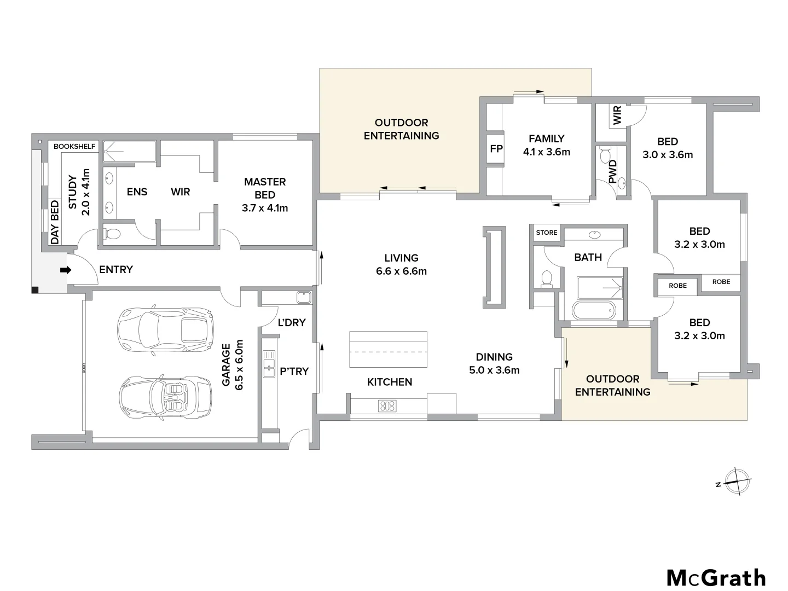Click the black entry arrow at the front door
click(65, 270)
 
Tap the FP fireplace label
click(496, 148)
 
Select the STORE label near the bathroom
click(546, 233)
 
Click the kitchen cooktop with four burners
click(387, 406)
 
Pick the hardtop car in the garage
click(165, 329)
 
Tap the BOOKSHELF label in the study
click(74, 147)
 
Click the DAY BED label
click(55, 222)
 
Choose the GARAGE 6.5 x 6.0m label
click(233, 364)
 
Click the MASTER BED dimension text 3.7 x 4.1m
click(265, 208)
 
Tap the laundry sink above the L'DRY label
click(304, 298)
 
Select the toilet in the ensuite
click(112, 234)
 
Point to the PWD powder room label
click(612, 171)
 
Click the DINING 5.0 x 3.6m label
click(494, 363)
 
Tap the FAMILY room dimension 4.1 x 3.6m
click(546, 152)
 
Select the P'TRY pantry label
click(294, 371)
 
